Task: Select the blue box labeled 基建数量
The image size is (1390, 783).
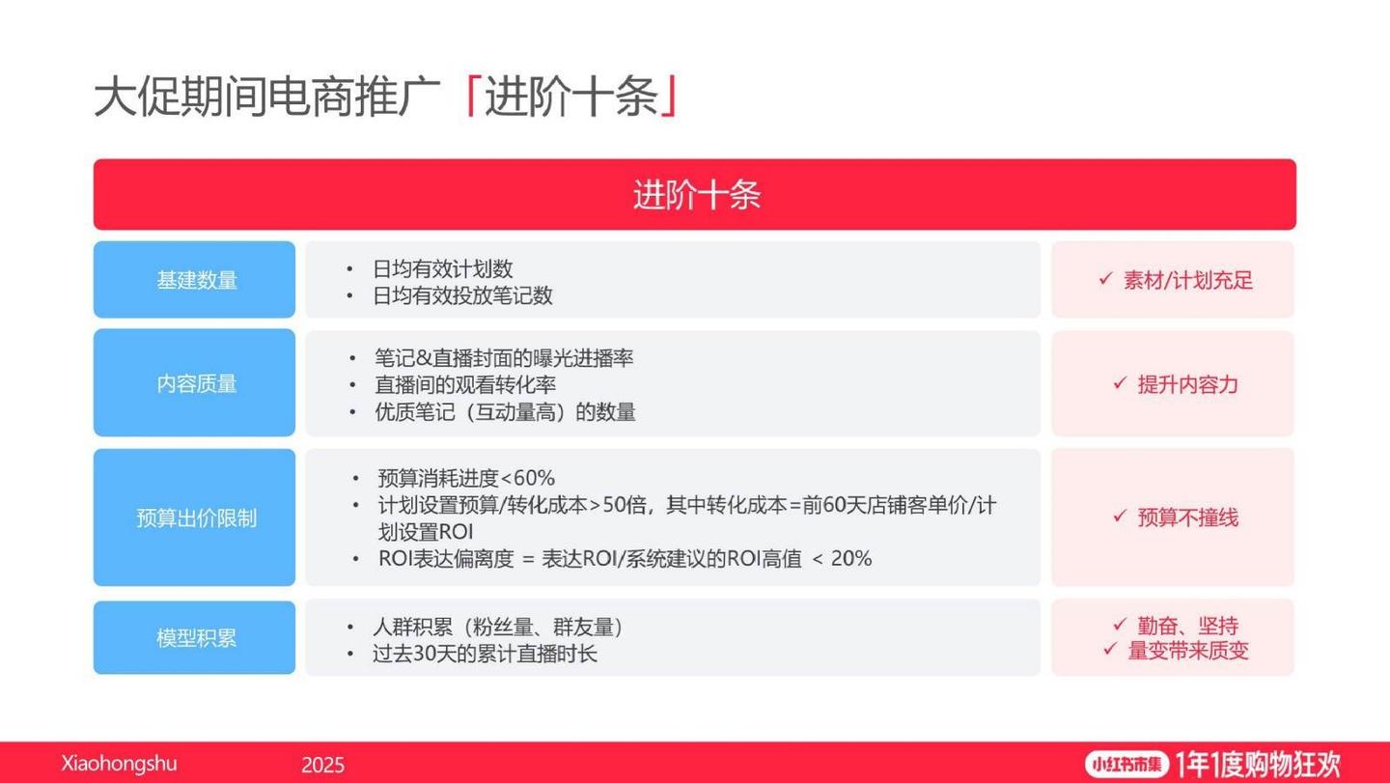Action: [196, 280]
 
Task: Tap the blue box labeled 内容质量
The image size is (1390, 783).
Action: [196, 383]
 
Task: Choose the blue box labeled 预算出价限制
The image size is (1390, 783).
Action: [196, 517]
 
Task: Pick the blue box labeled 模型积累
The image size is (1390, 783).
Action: [196, 638]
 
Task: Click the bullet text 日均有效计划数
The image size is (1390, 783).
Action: [442, 269]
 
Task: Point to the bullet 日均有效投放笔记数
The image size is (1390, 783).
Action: [462, 295]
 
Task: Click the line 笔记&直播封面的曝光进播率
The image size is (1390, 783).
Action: [504, 358]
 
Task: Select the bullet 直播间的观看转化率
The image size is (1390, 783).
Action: [465, 385]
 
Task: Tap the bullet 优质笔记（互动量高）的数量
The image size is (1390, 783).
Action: [505, 412]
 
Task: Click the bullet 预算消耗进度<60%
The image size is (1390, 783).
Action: [466, 478]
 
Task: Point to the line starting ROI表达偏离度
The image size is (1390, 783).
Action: [625, 558]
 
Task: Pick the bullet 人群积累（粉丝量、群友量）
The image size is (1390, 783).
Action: [498, 628]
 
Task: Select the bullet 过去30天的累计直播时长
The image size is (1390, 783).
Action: [485, 654]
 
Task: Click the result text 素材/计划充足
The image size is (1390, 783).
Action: [1187, 281]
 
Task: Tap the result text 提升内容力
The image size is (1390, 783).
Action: [1187, 384]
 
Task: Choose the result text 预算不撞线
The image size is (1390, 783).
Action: [1187, 517]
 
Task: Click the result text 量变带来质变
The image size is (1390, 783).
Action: [1188, 651]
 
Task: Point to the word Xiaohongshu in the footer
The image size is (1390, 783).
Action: [120, 764]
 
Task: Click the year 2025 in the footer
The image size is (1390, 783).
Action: [322, 766]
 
